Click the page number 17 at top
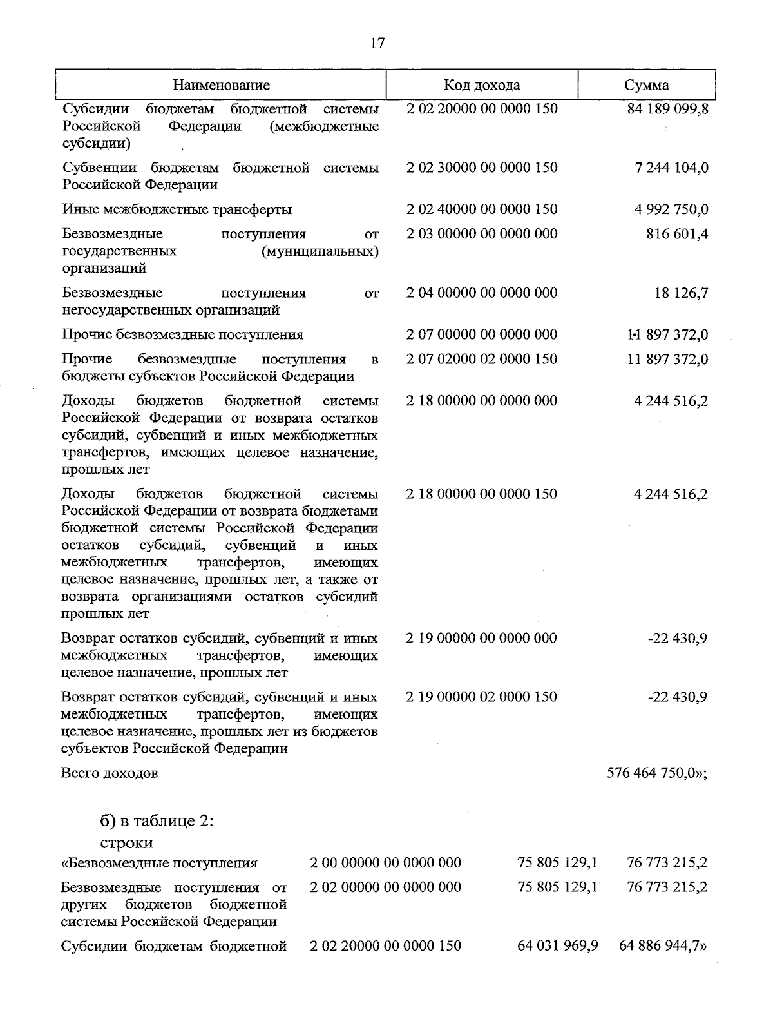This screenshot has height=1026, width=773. click(377, 43)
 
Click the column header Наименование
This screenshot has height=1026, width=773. click(221, 85)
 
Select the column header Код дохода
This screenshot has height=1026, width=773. click(482, 85)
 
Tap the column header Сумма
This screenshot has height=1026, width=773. click(646, 85)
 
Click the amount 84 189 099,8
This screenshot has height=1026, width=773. click(667, 108)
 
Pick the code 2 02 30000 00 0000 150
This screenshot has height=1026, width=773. click(482, 168)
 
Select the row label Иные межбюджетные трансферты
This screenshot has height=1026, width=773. click(177, 209)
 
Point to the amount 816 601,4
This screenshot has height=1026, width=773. click(677, 233)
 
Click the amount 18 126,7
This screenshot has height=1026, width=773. click(681, 293)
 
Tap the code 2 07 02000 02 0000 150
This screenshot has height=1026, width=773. click(482, 359)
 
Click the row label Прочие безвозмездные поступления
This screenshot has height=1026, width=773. click(182, 334)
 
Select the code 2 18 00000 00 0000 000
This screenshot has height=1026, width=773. click(482, 401)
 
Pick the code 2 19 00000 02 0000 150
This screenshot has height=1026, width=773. click(482, 697)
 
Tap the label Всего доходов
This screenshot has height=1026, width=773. click(110, 773)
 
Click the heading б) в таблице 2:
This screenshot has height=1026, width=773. click(157, 822)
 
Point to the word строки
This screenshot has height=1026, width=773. click(126, 843)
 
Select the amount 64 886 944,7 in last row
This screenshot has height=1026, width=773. click(662, 946)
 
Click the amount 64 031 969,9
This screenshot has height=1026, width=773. click(558, 946)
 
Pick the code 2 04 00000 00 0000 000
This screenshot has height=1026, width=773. click(482, 293)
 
